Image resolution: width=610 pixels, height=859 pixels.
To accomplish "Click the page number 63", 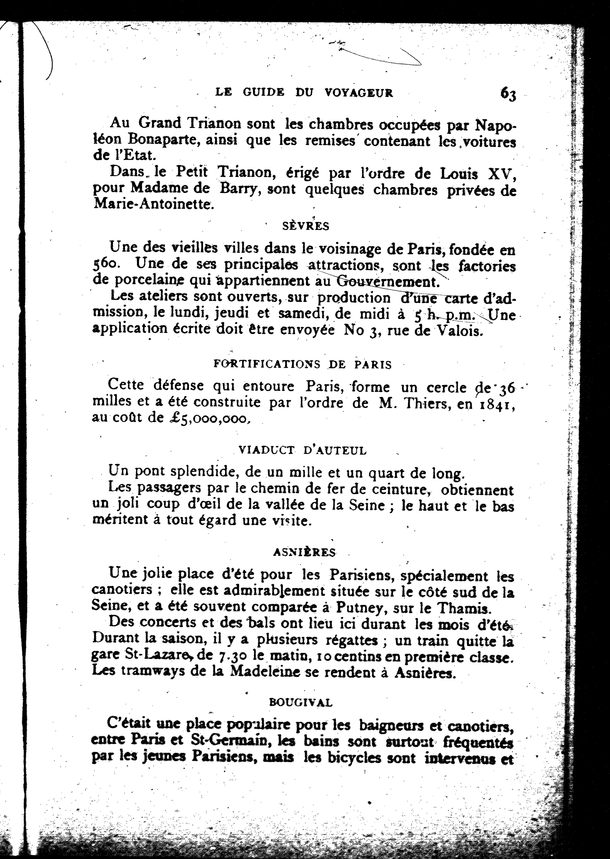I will pos(508,94).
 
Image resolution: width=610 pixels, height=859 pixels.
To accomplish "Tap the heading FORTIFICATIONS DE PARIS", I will pos(302,364).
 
